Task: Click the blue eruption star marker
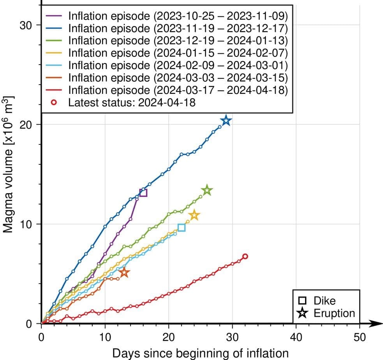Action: [226, 121]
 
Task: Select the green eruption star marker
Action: [207, 191]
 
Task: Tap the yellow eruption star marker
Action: [194, 215]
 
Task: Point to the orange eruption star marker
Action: [124, 272]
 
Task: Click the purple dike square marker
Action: [143, 192]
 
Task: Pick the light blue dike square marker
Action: [181, 228]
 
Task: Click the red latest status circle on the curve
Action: [245, 256]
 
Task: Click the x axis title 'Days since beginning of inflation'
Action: [201, 353]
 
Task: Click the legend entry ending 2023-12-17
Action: [178, 28]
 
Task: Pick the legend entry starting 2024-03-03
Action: [178, 78]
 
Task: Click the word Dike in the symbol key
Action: [325, 301]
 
